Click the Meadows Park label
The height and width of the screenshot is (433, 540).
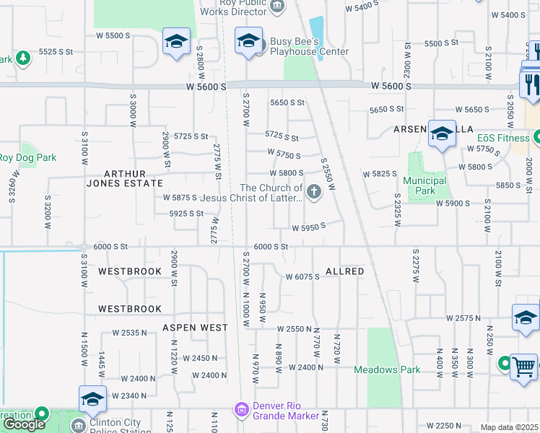[387, 369]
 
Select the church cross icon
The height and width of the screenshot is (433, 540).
[313, 192]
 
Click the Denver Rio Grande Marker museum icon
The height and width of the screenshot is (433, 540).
[241, 410]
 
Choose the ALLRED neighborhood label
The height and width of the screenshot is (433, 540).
[345, 271]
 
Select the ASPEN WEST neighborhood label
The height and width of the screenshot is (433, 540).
[195, 327]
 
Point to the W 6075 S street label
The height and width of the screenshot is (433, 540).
[302, 276]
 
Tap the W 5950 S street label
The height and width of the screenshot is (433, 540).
[309, 227]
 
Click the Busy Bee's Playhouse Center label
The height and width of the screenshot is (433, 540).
[309, 46]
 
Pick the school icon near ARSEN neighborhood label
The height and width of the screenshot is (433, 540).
[442, 134]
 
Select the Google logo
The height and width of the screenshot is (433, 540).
[25, 424]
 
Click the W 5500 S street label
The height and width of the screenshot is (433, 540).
[113, 35]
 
